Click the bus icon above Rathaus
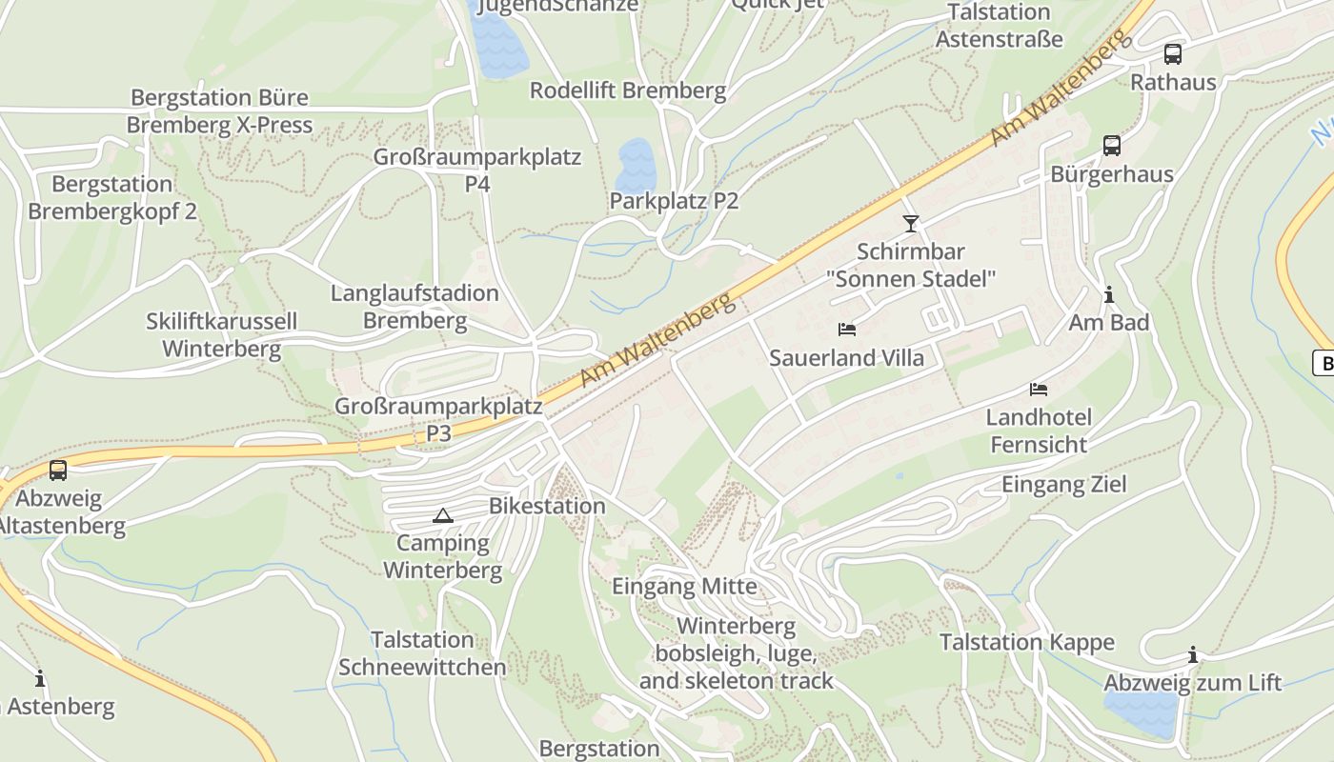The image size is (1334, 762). [x=1172, y=54]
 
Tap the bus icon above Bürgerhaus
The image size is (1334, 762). [x=1111, y=146]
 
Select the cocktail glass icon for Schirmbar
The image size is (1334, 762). [x=911, y=224]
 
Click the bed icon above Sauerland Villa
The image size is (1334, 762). [x=847, y=330]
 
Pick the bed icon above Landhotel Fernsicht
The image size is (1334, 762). [x=1039, y=390]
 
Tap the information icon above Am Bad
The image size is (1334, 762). [x=1108, y=294]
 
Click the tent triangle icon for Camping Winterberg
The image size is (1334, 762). [x=441, y=516]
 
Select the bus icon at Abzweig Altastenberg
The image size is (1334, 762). [x=58, y=470]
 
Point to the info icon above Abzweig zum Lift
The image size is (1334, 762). [x=1192, y=654]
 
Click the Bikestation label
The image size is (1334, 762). [x=547, y=506]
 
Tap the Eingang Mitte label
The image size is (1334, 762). [x=684, y=586]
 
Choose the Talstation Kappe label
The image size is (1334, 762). [x=1026, y=642]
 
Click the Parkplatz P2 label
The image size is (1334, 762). [x=674, y=201]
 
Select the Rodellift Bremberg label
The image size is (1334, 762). [x=628, y=90]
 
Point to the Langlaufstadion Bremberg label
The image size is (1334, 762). [x=414, y=307]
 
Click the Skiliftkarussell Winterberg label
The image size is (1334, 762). [x=221, y=335]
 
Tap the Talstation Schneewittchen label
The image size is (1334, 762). [x=422, y=653]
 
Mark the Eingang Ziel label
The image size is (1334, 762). [x=1063, y=484]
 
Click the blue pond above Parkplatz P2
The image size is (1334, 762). [x=636, y=166]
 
